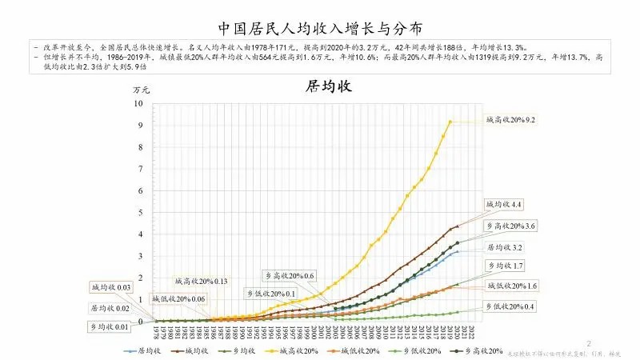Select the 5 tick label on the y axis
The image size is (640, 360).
[x=140, y=213]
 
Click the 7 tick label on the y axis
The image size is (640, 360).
[x=140, y=169]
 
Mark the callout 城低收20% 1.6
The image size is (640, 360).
[x=510, y=285]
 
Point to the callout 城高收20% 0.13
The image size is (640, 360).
[x=202, y=281]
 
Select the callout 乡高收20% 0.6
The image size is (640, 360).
[x=290, y=275]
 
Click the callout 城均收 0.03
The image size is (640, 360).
[x=110, y=286]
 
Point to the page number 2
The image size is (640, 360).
[x=588, y=343]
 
